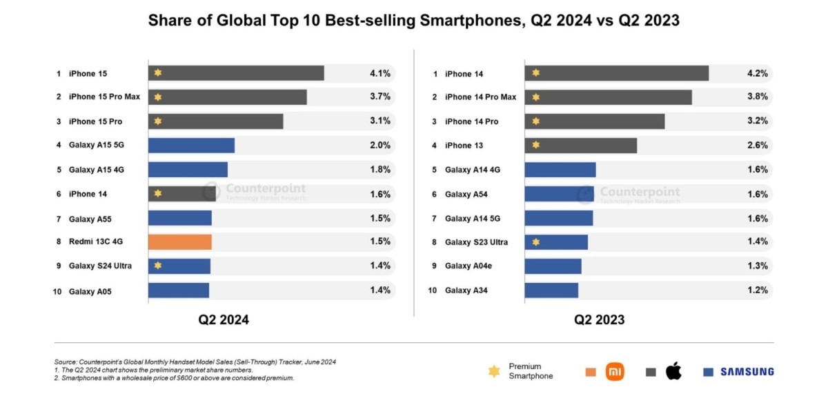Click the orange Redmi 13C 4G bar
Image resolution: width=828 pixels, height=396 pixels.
pyautogui.click(x=179, y=241)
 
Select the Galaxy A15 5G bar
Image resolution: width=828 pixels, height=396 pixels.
pyautogui.click(x=191, y=145)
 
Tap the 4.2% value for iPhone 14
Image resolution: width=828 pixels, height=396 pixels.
pyautogui.click(x=757, y=73)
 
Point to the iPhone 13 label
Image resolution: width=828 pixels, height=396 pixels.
pyautogui.click(x=464, y=146)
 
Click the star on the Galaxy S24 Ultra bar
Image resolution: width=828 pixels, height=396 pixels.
pyautogui.click(x=158, y=266)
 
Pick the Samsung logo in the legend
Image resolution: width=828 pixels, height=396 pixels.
pyautogui.click(x=747, y=372)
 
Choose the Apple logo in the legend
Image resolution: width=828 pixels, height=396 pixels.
pyautogui.click(x=673, y=372)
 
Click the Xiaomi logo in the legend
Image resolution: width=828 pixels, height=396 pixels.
pyautogui.click(x=614, y=372)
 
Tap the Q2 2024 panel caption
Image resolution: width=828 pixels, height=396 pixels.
pyautogui.click(x=224, y=320)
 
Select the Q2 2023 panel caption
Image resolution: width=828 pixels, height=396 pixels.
pyautogui.click(x=600, y=320)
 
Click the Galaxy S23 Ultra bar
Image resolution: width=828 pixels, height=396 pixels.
pyautogui.click(x=556, y=242)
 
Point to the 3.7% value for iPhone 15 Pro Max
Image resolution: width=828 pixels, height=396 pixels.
pyautogui.click(x=380, y=97)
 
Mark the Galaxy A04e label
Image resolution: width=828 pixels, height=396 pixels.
pyautogui.click(x=466, y=266)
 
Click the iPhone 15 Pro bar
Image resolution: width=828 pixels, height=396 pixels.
pyautogui.click(x=215, y=121)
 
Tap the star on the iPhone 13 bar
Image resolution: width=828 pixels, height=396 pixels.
pyautogui.click(x=535, y=146)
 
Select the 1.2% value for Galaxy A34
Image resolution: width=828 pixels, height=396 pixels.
pyautogui.click(x=757, y=290)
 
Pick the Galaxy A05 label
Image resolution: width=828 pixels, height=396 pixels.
pyautogui.click(x=90, y=292)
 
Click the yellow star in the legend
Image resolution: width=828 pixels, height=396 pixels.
pyautogui.click(x=493, y=371)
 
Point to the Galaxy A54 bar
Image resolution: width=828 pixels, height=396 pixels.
pyautogui.click(x=559, y=194)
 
